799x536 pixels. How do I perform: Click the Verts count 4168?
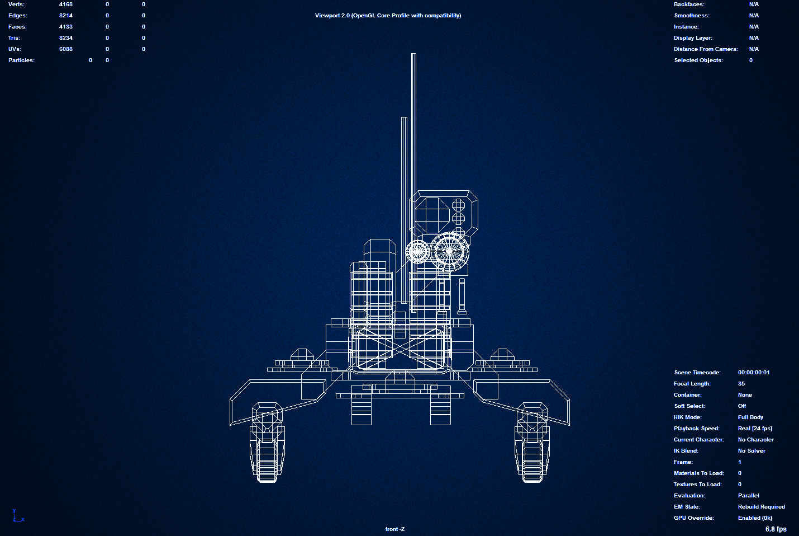(65, 4)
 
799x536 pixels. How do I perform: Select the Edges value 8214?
(65, 15)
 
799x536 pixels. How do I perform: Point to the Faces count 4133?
(65, 26)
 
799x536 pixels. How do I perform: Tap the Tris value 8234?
(65, 37)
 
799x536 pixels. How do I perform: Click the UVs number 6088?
(65, 49)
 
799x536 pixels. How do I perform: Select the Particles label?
(21, 60)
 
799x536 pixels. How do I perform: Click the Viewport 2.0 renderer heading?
(388, 15)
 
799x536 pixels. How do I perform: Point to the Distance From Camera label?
(706, 49)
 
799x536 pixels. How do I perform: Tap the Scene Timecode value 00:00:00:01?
(754, 372)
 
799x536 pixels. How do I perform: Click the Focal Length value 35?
(741, 383)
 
